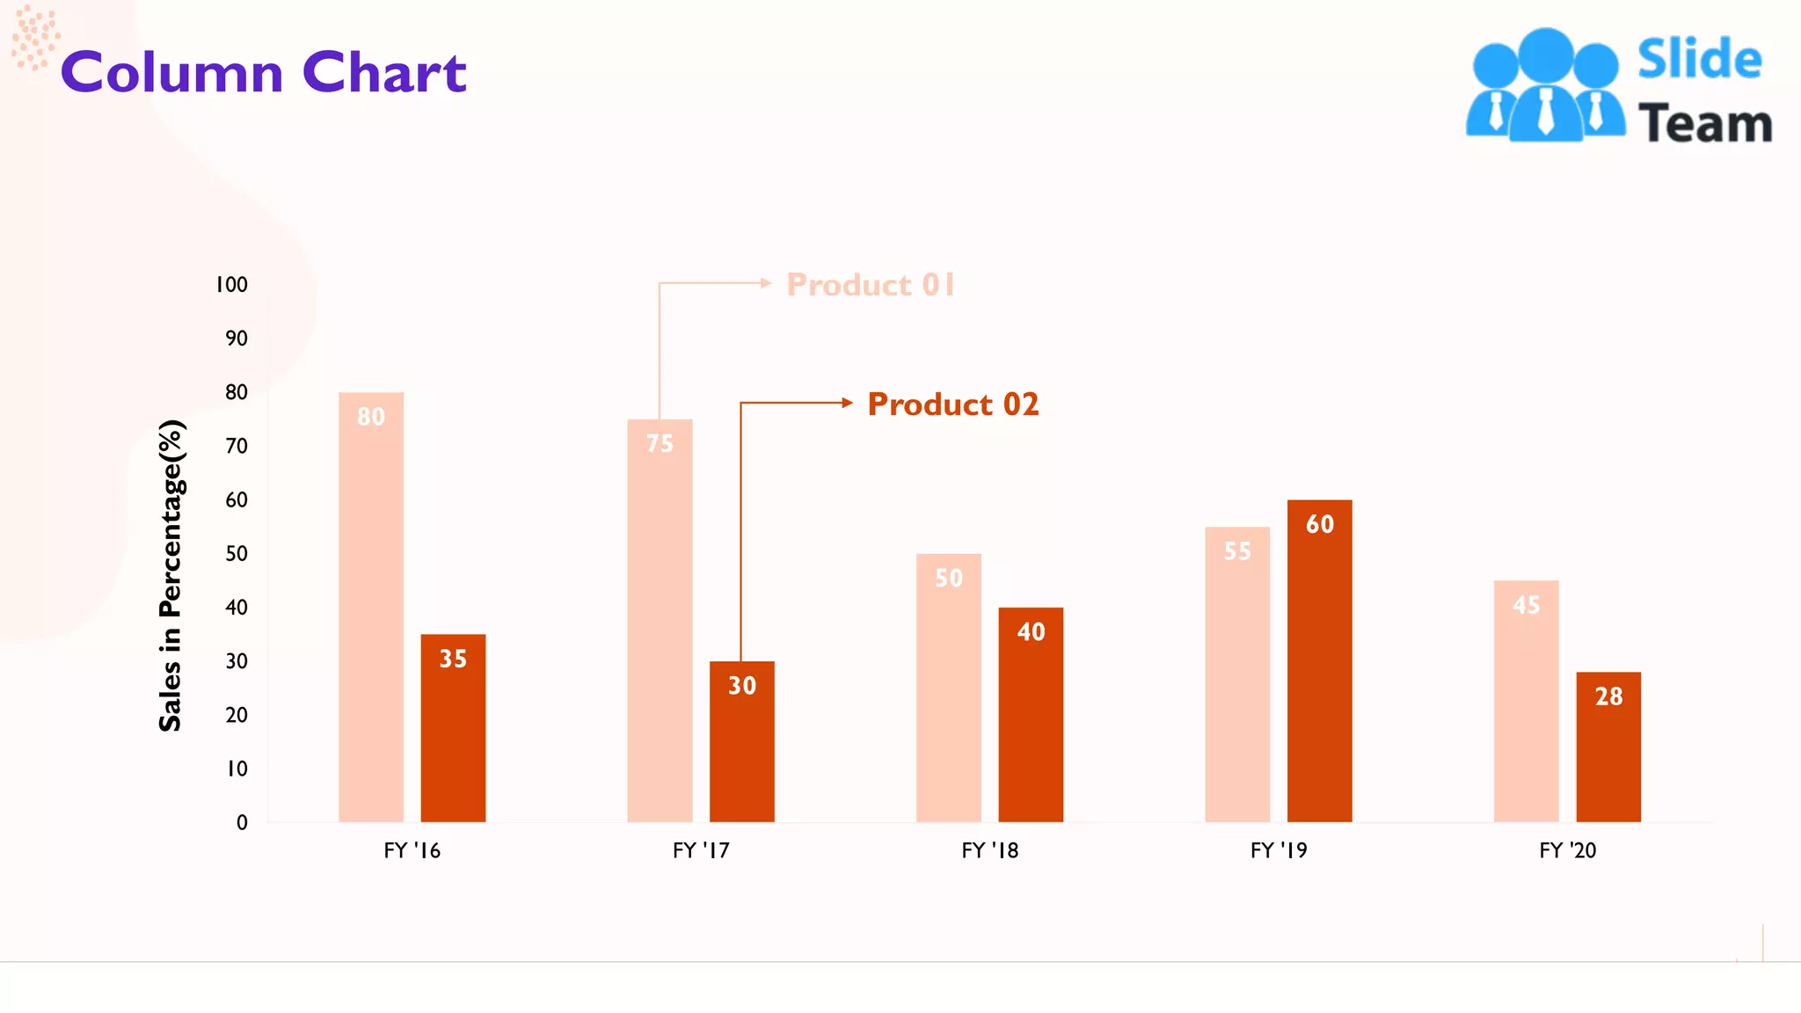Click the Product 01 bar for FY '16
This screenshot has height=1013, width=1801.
(371, 607)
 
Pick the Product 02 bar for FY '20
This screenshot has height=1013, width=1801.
(1608, 747)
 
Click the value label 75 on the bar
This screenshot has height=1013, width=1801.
(660, 444)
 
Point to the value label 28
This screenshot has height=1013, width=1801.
(1608, 696)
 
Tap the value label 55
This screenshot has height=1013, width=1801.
(1237, 551)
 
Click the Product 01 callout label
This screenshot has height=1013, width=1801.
(871, 285)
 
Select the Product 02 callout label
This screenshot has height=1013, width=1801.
(953, 404)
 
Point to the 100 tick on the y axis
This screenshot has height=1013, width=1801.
(232, 285)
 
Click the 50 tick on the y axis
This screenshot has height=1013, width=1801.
(237, 554)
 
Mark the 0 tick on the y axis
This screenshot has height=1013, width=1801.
(242, 823)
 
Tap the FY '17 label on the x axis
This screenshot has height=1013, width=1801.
(701, 850)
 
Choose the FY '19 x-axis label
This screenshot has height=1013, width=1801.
(1279, 850)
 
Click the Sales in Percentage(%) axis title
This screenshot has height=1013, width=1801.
(171, 576)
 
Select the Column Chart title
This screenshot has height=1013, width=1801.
(264, 72)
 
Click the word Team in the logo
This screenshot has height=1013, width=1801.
(1704, 123)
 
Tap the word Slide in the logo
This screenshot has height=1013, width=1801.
(1699, 60)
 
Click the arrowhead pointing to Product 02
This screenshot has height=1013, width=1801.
(848, 403)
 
